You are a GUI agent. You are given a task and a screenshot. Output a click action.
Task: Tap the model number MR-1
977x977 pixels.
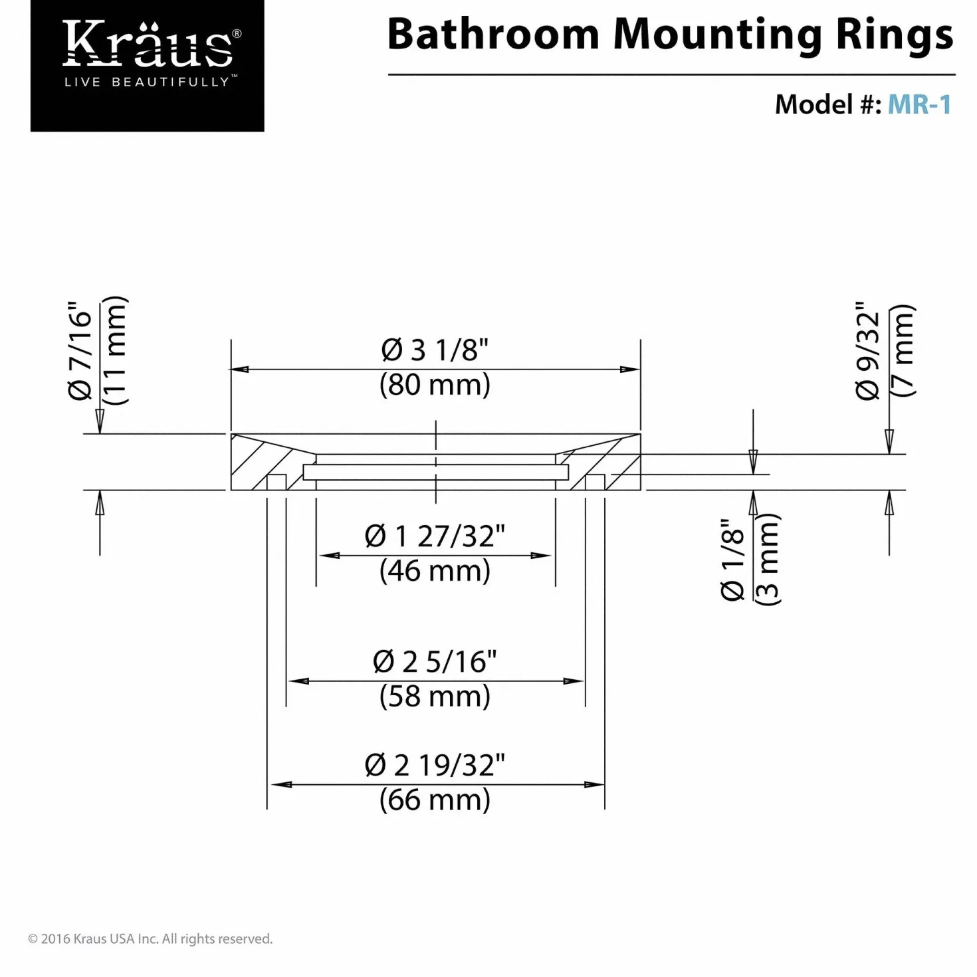tap(919, 105)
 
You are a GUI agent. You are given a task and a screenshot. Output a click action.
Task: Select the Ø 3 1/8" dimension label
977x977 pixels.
tap(435, 350)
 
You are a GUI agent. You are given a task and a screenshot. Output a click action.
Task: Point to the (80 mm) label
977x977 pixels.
tap(435, 385)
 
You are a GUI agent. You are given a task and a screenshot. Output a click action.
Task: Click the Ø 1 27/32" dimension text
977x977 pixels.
tap(435, 536)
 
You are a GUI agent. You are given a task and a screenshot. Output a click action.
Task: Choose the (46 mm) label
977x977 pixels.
tap(435, 571)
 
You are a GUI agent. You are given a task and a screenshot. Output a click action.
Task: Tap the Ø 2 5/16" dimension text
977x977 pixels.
tap(435, 661)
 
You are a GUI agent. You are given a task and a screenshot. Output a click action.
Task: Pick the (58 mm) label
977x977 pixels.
tap(435, 696)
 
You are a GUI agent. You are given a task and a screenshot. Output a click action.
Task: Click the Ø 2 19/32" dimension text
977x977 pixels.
tap(435, 765)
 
